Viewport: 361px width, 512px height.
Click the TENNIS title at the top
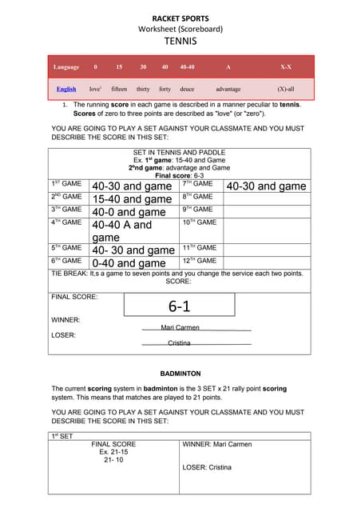pyautogui.click(x=180, y=40)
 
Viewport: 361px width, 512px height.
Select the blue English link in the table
pyautogui.click(x=66, y=89)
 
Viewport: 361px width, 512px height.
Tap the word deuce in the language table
pyautogui.click(x=187, y=89)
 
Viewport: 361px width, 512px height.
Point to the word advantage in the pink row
pyautogui.click(x=228, y=89)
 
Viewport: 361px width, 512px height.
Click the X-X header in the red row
pyautogui.click(x=285, y=67)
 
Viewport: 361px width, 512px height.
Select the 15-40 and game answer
pyautogui.click(x=132, y=198)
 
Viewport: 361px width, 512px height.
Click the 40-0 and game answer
pyautogui.click(x=129, y=212)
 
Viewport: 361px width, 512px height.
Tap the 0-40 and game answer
pyautogui.click(x=129, y=262)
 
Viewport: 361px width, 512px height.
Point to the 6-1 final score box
pyautogui.click(x=179, y=306)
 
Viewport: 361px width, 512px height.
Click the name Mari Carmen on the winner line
pyautogui.click(x=180, y=327)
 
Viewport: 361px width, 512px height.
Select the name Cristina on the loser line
pyautogui.click(x=179, y=342)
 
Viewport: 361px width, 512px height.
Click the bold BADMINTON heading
pyautogui.click(x=180, y=373)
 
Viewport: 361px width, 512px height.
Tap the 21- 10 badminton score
pyautogui.click(x=113, y=461)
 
